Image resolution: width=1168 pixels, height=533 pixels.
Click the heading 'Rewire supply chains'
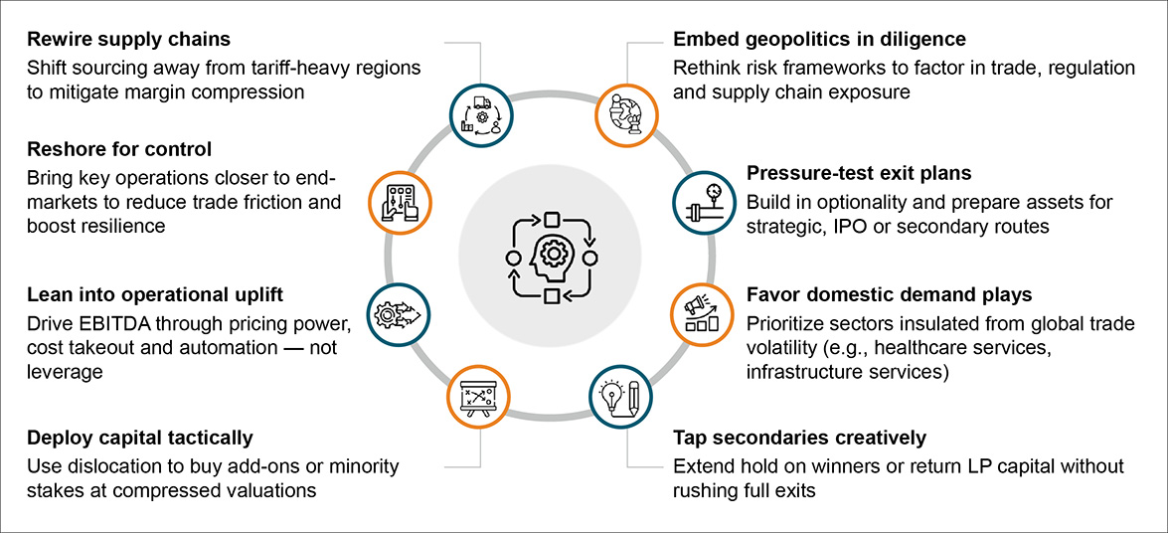point(128,41)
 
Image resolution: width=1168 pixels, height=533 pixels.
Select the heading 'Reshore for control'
point(119,150)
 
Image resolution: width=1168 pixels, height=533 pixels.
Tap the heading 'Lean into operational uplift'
point(155,295)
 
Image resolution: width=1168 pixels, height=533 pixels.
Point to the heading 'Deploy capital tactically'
point(140,439)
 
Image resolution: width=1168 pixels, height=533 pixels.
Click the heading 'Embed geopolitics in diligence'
point(819,41)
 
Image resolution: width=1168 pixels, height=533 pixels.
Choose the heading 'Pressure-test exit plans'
point(859,174)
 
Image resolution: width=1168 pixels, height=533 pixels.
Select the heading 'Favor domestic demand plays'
point(889,295)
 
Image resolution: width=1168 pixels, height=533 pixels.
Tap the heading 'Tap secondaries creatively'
point(799,439)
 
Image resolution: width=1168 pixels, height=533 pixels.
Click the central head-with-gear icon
point(551,258)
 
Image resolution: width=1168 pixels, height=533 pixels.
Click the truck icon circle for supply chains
point(482,113)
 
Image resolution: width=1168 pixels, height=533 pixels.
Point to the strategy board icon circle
point(480,397)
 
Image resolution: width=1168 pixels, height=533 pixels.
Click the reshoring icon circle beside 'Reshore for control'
point(401,203)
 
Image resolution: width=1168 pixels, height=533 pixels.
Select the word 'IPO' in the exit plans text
point(844,226)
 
